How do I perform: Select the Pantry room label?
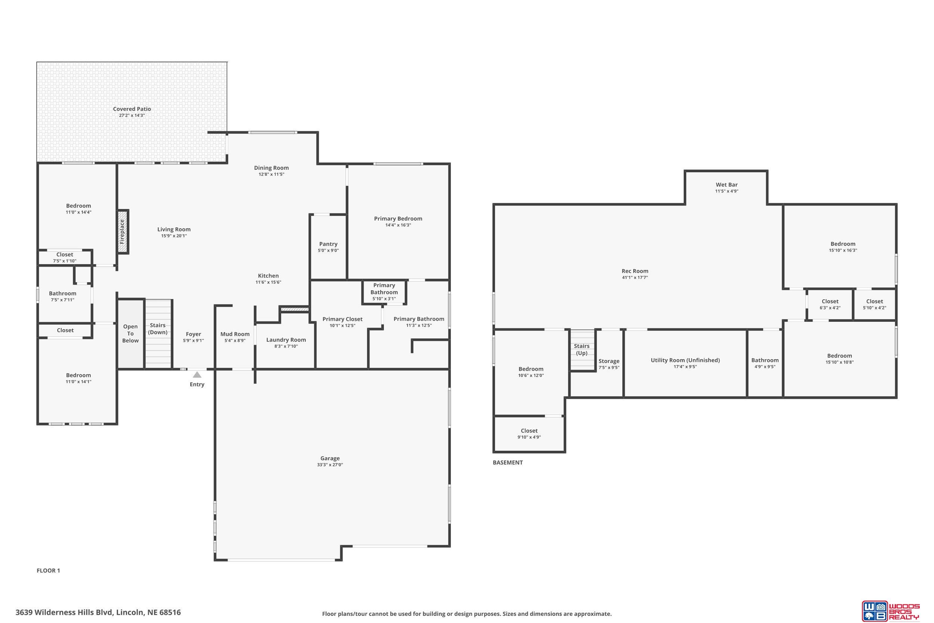pyautogui.click(x=328, y=244)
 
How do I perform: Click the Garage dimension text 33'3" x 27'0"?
pyautogui.click(x=330, y=465)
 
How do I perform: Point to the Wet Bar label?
pyautogui.click(x=727, y=184)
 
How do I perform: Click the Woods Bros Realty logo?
pyautogui.click(x=890, y=611)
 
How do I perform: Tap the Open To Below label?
pyautogui.click(x=130, y=333)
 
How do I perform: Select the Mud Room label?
pyautogui.click(x=235, y=334)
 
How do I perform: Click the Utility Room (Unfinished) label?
pyautogui.click(x=686, y=360)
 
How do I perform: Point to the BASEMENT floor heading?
pyautogui.click(x=508, y=462)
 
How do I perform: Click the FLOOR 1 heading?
pyautogui.click(x=49, y=571)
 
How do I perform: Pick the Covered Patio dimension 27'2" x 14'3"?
pyautogui.click(x=132, y=115)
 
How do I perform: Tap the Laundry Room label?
pyautogui.click(x=286, y=340)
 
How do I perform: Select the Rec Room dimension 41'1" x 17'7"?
pyautogui.click(x=635, y=277)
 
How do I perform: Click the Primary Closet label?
pyautogui.click(x=342, y=319)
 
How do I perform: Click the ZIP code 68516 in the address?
pyautogui.click(x=170, y=612)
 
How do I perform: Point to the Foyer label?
pyautogui.click(x=194, y=334)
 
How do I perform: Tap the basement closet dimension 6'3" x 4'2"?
pyautogui.click(x=830, y=308)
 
